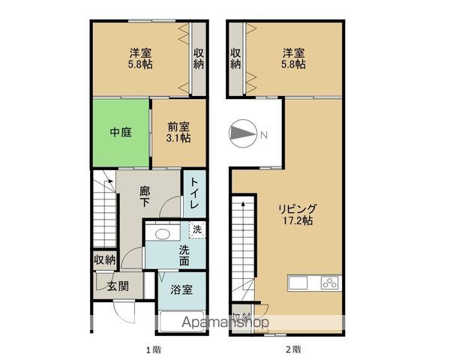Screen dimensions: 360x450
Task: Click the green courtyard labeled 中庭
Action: click(121, 133)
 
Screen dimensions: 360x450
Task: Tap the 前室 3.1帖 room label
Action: click(178, 133)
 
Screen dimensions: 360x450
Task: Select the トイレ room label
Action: click(193, 194)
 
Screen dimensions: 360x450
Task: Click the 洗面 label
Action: click(183, 255)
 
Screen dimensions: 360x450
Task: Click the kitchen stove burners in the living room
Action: click(330, 283)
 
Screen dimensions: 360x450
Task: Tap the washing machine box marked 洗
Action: click(197, 229)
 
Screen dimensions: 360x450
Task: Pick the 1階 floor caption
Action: click(152, 349)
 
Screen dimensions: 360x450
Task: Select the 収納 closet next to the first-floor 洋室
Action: click(198, 58)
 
